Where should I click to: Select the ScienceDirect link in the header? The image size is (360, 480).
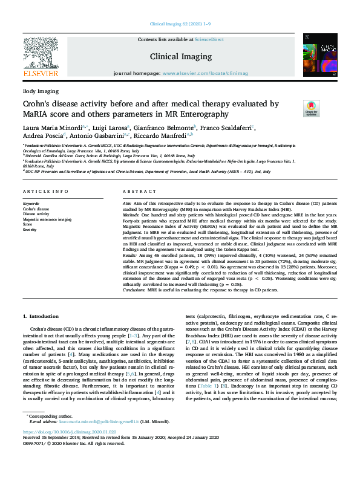[210, 39]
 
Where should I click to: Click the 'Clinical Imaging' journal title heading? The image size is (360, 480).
[180, 56]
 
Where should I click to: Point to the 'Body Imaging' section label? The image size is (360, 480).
[41, 91]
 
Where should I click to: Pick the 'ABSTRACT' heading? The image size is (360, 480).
[136, 192]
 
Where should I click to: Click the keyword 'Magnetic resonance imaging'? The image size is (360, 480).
[47, 219]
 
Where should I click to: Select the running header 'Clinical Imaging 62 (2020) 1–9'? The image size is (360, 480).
[180, 24]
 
